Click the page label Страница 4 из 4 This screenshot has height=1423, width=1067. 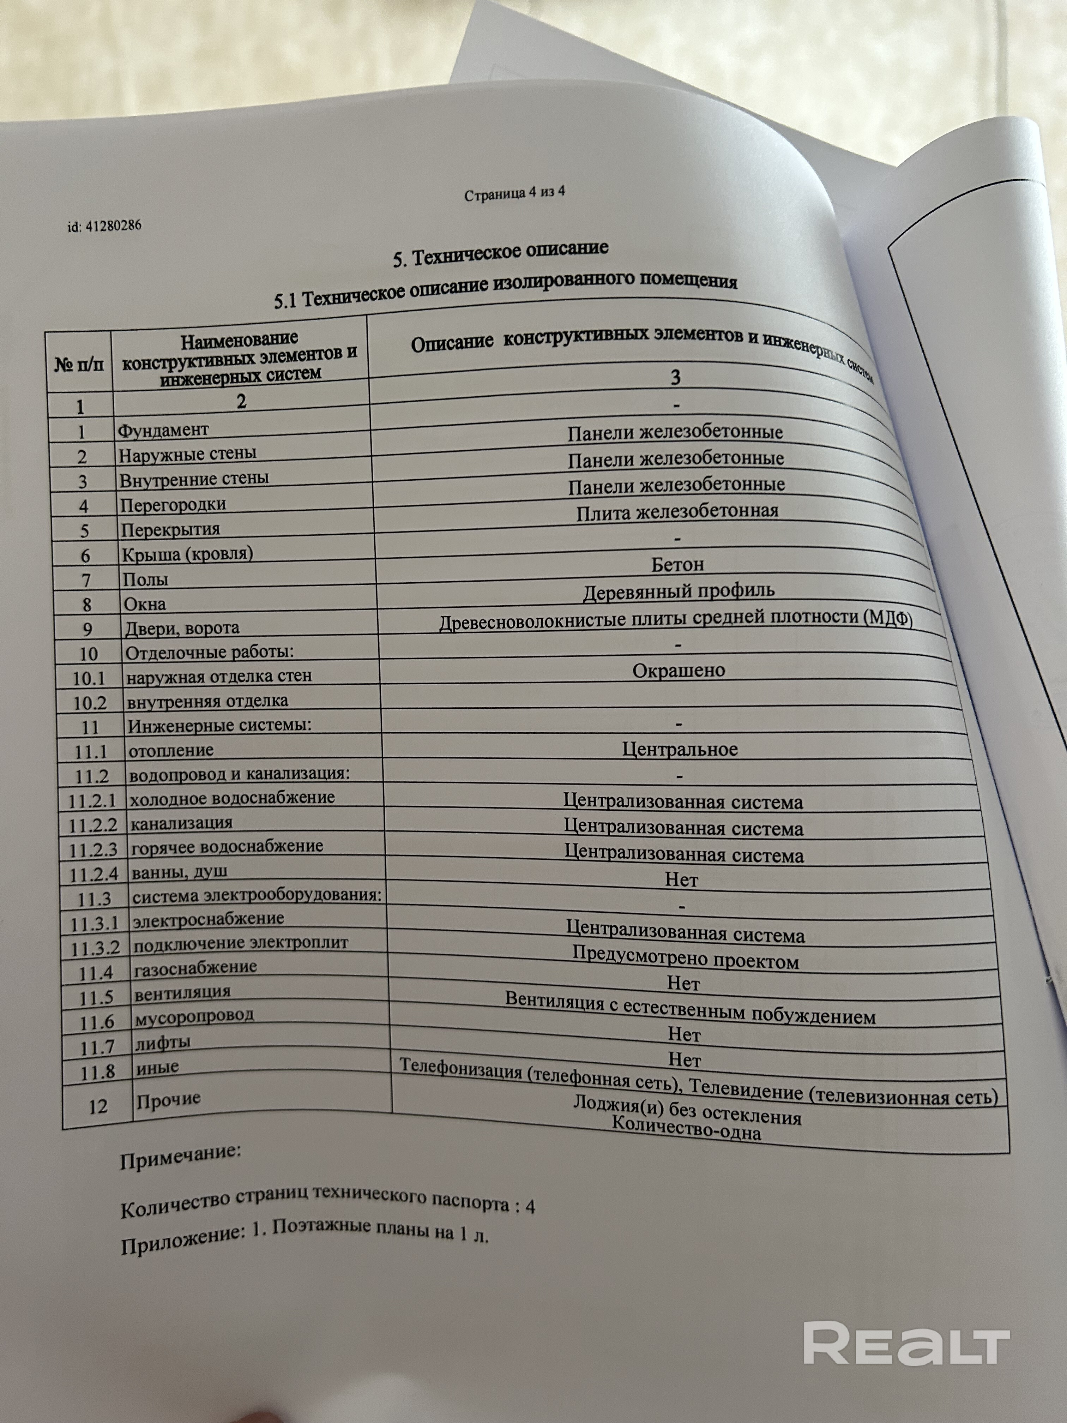(x=514, y=193)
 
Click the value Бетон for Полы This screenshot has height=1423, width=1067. (x=677, y=565)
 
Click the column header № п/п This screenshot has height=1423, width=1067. (x=78, y=365)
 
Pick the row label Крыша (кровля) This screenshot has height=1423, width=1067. (x=187, y=553)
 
